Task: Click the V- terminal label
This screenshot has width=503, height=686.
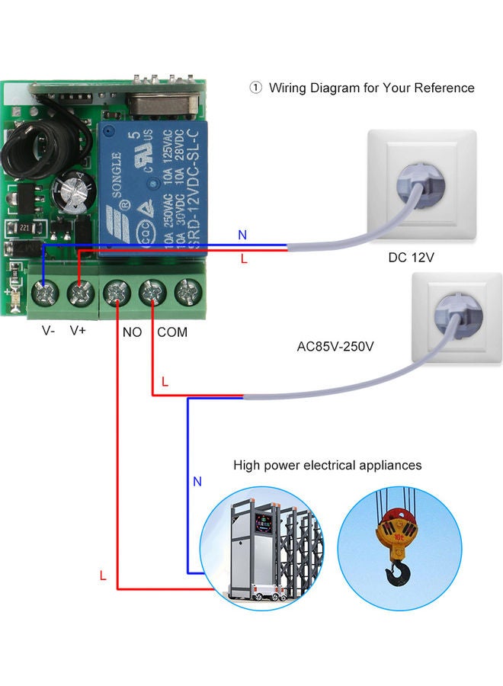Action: [x=47, y=332]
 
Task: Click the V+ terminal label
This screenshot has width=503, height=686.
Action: [x=78, y=332]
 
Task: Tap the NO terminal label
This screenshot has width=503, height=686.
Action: [x=132, y=333]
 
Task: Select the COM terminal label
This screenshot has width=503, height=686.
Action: [x=172, y=333]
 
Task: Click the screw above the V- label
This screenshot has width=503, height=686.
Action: [x=45, y=293]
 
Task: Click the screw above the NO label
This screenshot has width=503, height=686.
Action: [x=117, y=293]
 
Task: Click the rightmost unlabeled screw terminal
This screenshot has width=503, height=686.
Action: [x=187, y=293]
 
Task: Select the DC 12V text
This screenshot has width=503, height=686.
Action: [x=411, y=258]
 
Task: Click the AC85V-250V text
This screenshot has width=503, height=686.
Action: [x=335, y=347]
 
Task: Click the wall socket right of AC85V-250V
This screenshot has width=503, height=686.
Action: [x=456, y=317]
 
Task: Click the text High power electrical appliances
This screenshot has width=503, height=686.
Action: [x=327, y=465]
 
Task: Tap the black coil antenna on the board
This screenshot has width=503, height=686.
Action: [x=29, y=148]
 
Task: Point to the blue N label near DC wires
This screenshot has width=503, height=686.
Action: [x=242, y=235]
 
